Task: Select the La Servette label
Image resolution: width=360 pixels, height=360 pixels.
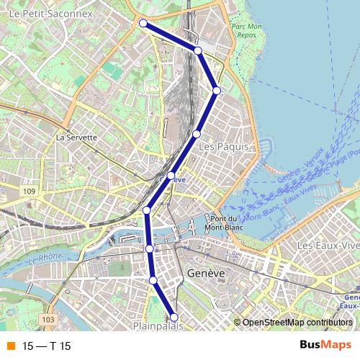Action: point(76,137)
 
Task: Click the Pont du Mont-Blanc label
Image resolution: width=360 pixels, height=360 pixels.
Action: point(225,222)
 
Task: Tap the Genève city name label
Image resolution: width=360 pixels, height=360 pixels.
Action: point(206,274)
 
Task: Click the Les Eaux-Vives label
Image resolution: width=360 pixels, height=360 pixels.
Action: point(328,247)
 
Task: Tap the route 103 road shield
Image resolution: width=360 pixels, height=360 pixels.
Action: point(48,319)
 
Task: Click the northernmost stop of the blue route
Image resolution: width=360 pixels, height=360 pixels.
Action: point(143,23)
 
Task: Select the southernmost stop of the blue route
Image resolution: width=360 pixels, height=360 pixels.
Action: point(174,317)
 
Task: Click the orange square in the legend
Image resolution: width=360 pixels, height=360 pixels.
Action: point(10,346)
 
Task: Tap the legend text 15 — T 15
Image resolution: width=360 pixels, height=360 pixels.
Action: point(47,346)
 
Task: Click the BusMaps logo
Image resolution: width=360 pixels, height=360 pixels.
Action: point(320,346)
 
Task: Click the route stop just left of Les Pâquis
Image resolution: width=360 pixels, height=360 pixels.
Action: point(196,134)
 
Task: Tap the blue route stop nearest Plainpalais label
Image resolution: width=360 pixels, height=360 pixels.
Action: point(174,317)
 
